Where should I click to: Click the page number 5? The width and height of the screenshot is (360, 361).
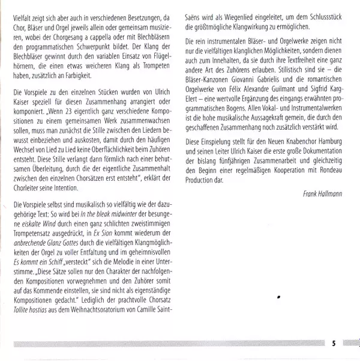[334, 344]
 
